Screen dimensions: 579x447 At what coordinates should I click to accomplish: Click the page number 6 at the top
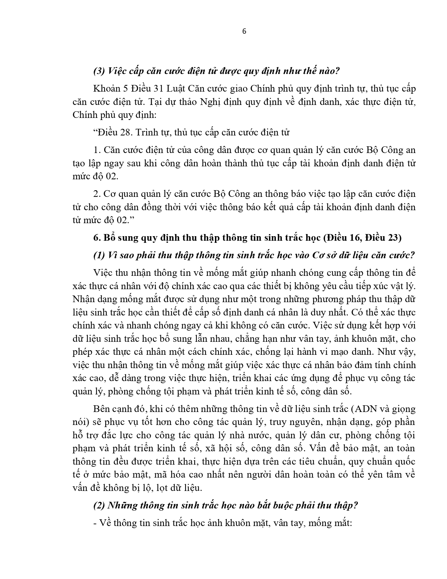click(x=244, y=31)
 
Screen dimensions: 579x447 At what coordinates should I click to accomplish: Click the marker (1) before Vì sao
click(x=99, y=255)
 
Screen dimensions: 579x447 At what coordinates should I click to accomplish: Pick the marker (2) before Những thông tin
click(x=99, y=506)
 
